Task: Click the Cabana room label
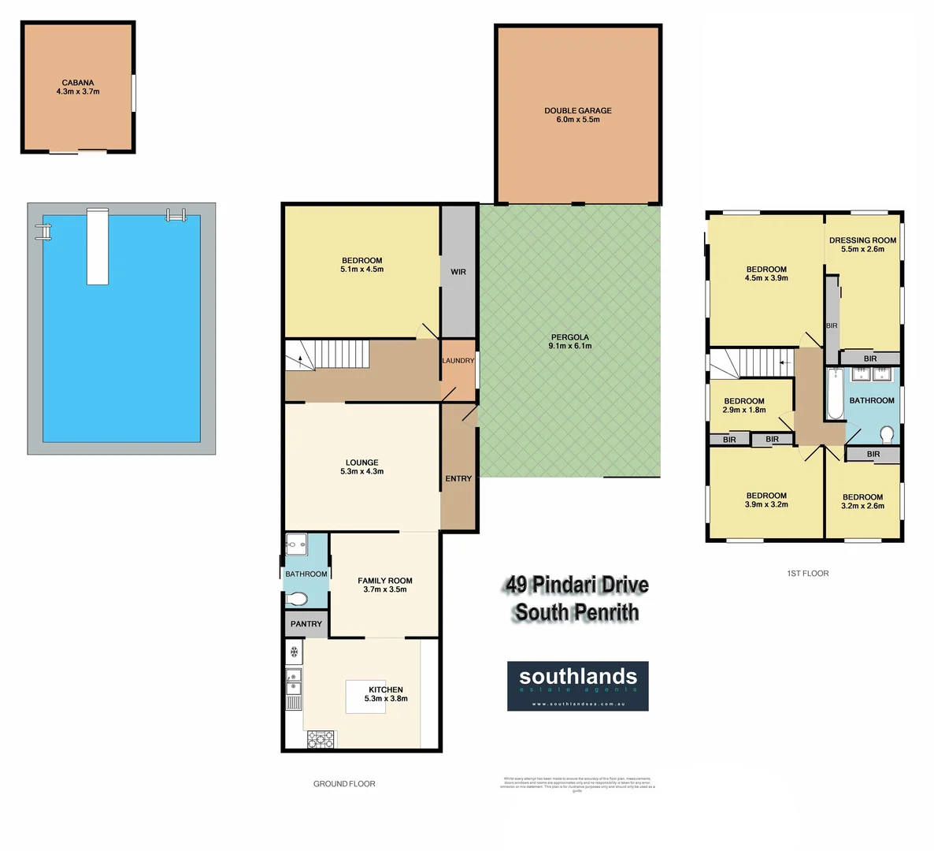[x=78, y=82]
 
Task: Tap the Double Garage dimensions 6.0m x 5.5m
[x=578, y=120]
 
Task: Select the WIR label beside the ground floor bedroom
[x=458, y=272]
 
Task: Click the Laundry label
[x=458, y=361]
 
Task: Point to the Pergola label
[x=570, y=337]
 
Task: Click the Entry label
[x=458, y=478]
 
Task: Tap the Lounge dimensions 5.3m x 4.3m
[x=362, y=472]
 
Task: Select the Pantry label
[x=306, y=624]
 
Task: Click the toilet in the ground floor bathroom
[x=296, y=599]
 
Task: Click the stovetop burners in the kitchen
[x=321, y=739]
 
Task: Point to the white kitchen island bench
[x=365, y=697]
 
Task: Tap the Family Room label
[x=385, y=581]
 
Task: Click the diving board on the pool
[x=98, y=246]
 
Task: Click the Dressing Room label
[x=862, y=240]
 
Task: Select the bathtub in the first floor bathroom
[x=834, y=396]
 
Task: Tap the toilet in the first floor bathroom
[x=887, y=435]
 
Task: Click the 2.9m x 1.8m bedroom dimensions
[x=744, y=411]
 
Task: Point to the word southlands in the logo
[x=578, y=676]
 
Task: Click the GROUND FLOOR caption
[x=344, y=784]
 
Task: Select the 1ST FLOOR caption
[x=808, y=574]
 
